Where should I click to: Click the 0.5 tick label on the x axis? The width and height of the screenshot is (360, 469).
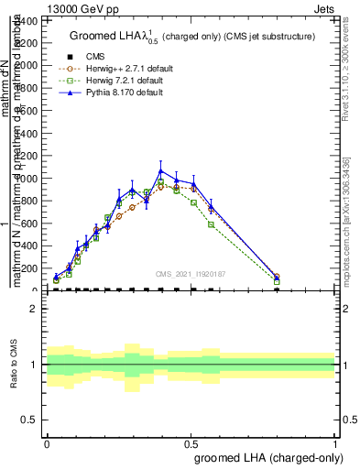[191, 442]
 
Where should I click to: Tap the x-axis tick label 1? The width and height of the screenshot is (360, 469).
[335, 442]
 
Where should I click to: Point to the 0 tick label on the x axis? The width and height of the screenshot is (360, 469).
[47, 442]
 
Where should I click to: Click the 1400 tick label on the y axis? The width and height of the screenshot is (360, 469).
[27, 43]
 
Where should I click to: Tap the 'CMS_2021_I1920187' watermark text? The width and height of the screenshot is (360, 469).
[190, 274]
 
